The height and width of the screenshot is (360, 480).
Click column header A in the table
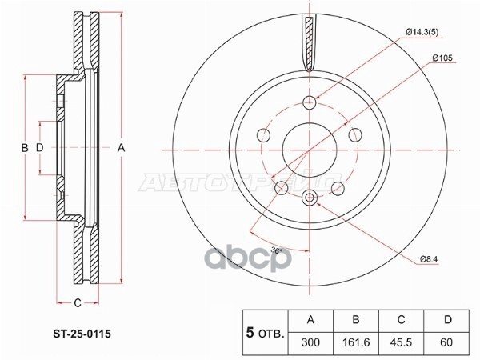[311, 319]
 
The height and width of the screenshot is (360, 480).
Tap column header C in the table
[402, 319]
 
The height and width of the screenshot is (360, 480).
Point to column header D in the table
[448, 319]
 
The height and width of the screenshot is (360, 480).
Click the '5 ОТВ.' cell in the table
[264, 330]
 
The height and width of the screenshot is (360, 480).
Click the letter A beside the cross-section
[122, 147]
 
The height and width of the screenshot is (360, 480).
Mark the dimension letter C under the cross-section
[77, 302]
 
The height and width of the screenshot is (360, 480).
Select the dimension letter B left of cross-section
[24, 148]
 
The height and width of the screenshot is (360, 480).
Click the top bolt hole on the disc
[310, 102]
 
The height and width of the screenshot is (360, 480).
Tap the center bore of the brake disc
[310, 148]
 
